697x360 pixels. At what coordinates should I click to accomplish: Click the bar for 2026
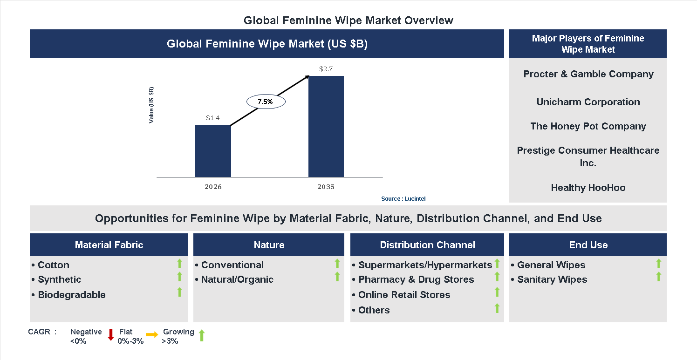click(x=213, y=151)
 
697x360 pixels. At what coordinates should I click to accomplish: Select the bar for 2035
click(x=326, y=126)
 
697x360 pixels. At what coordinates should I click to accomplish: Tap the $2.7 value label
click(x=326, y=69)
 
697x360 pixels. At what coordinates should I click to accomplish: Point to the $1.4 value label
click(x=213, y=118)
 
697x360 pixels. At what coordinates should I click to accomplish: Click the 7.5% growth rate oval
click(x=265, y=101)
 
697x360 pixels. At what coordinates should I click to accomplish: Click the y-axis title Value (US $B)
click(x=151, y=105)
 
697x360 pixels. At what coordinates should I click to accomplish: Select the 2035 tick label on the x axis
click(x=326, y=187)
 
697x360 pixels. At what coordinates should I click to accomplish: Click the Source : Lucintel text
click(x=403, y=199)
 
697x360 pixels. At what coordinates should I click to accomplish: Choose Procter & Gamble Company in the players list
click(x=588, y=74)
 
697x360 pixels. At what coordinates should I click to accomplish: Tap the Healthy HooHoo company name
click(x=588, y=188)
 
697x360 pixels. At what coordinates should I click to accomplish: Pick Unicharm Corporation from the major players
click(x=588, y=102)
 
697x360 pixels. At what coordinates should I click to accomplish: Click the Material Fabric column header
click(x=109, y=245)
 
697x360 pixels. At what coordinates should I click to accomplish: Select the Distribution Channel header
click(x=427, y=245)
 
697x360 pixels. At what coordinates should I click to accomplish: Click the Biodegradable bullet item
click(x=72, y=295)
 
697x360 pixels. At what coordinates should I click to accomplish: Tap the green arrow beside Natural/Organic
click(x=337, y=277)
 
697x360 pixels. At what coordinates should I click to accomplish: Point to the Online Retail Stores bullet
click(x=404, y=295)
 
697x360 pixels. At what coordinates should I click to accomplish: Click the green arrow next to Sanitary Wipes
click(x=658, y=277)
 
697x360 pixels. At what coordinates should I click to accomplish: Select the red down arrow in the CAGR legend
click(x=111, y=335)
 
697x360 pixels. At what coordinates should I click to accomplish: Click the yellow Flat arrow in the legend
click(x=152, y=335)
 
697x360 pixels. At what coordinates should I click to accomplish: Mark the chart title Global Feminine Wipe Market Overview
click(x=348, y=20)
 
